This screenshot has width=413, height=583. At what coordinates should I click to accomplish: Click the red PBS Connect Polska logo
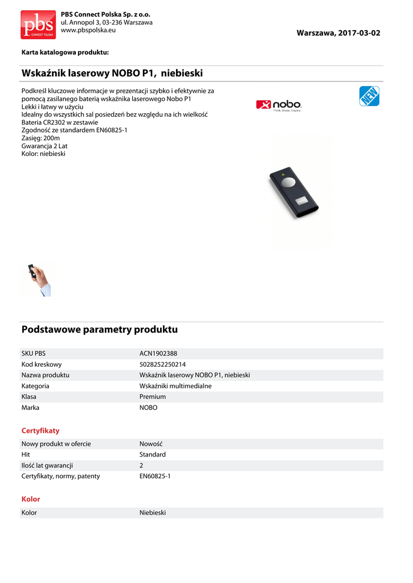coord(38,24)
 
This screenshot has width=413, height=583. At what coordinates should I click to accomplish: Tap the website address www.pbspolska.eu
coord(88,30)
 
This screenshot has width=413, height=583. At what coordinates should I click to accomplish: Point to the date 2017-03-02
coord(358,33)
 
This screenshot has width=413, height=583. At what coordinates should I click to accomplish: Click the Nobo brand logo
coord(279,105)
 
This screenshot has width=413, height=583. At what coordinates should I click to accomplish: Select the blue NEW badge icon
coord(369,96)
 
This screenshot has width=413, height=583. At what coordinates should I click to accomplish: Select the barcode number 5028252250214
coord(162,364)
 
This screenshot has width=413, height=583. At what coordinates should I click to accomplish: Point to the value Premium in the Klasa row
coord(153,397)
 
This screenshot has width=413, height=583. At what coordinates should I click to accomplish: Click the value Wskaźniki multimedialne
coord(175,386)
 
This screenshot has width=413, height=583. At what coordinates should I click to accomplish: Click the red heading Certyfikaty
coord(40,431)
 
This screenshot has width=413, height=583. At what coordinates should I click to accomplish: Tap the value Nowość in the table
coord(152,444)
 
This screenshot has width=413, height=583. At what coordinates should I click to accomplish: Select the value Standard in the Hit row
coord(153,454)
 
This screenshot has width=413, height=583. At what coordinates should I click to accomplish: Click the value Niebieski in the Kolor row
coord(153,513)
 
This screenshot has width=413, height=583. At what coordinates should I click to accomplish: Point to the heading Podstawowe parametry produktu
coord(100,330)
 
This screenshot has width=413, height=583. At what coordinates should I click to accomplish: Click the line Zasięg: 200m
coord(40,138)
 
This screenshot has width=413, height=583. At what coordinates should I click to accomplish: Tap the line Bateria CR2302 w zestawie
coord(60,122)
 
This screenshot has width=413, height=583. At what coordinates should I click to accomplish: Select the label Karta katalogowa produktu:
coord(65,52)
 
